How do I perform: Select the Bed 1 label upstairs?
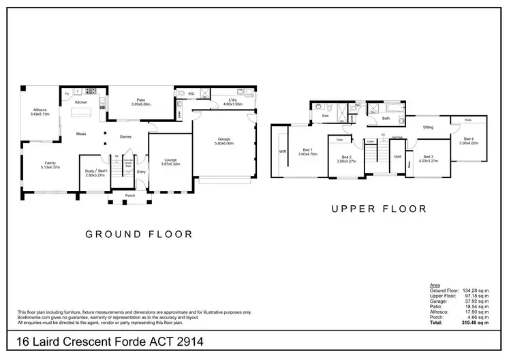[x=307, y=150]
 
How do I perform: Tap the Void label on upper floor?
[x=397, y=157]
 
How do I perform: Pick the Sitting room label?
[x=428, y=127]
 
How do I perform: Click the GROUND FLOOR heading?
[x=138, y=234]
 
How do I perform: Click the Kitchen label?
[x=82, y=102]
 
